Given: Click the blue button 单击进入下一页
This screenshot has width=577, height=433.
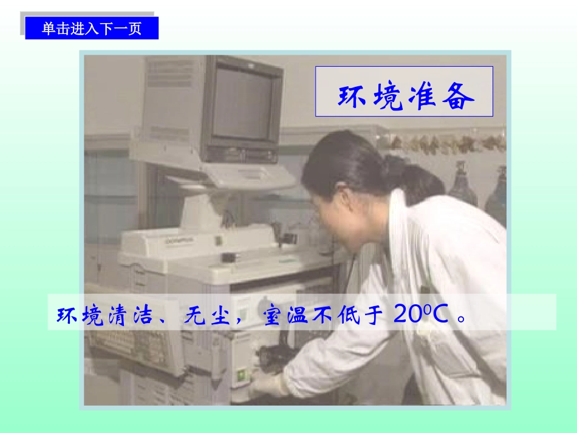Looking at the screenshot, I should coord(92,29).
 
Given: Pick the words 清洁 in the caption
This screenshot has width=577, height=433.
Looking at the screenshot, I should coord(125,315).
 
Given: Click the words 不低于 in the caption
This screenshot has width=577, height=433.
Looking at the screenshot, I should coord(347,315).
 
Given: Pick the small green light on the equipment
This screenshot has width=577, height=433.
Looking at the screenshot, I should coord(243,375).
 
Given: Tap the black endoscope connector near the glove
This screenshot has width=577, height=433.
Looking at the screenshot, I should coord(276,358).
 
